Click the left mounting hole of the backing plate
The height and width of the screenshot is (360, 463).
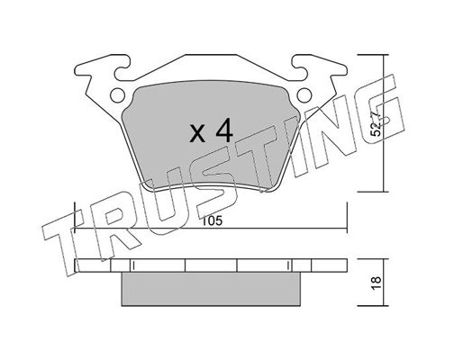tap(117, 95)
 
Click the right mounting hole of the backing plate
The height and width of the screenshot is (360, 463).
tap(304, 95)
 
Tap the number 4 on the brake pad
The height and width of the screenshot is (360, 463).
tap(224, 130)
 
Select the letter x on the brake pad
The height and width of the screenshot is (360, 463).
tap(197, 134)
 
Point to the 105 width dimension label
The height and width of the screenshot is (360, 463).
tap(212, 220)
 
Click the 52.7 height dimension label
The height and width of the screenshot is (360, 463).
tap(376, 124)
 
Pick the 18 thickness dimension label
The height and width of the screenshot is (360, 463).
tap(376, 283)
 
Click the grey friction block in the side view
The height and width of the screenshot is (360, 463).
tap(211, 289)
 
